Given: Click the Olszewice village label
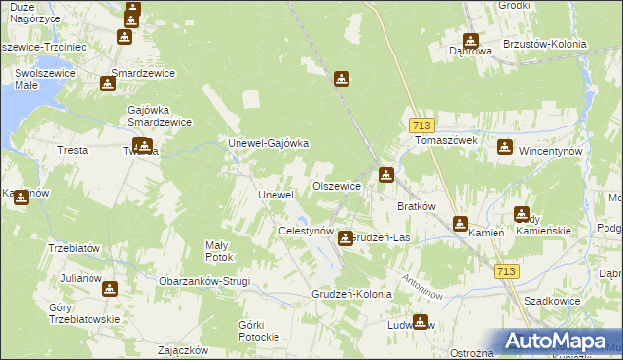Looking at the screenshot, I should click(337, 185).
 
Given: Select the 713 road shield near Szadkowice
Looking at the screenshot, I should click(504, 271).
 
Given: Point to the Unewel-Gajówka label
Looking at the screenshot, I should click(268, 143).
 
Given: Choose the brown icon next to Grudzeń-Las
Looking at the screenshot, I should click(345, 236).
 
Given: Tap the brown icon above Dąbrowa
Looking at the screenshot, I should click(471, 42).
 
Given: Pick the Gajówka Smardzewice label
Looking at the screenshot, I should click(159, 116).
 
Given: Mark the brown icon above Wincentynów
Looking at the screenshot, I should click(505, 147).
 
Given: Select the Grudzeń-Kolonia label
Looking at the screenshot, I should click(351, 293).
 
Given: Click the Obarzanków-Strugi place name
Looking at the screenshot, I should click(204, 281).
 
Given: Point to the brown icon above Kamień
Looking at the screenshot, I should click(460, 223).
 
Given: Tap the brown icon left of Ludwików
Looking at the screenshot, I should click(421, 322).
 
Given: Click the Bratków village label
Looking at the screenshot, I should click(417, 206).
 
